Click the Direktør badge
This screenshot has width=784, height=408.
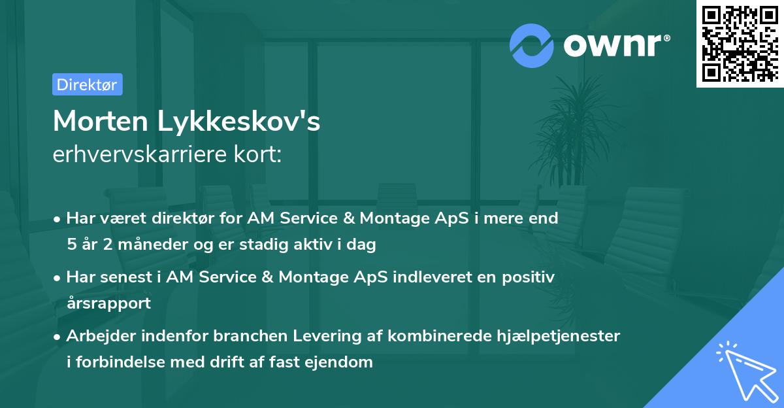[87, 84]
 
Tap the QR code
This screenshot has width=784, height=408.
[740, 43]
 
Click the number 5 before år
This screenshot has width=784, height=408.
[71, 245]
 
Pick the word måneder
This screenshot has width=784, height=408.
[151, 245]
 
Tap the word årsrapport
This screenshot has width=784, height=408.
[108, 303]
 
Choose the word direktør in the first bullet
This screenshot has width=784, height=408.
[186, 218]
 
